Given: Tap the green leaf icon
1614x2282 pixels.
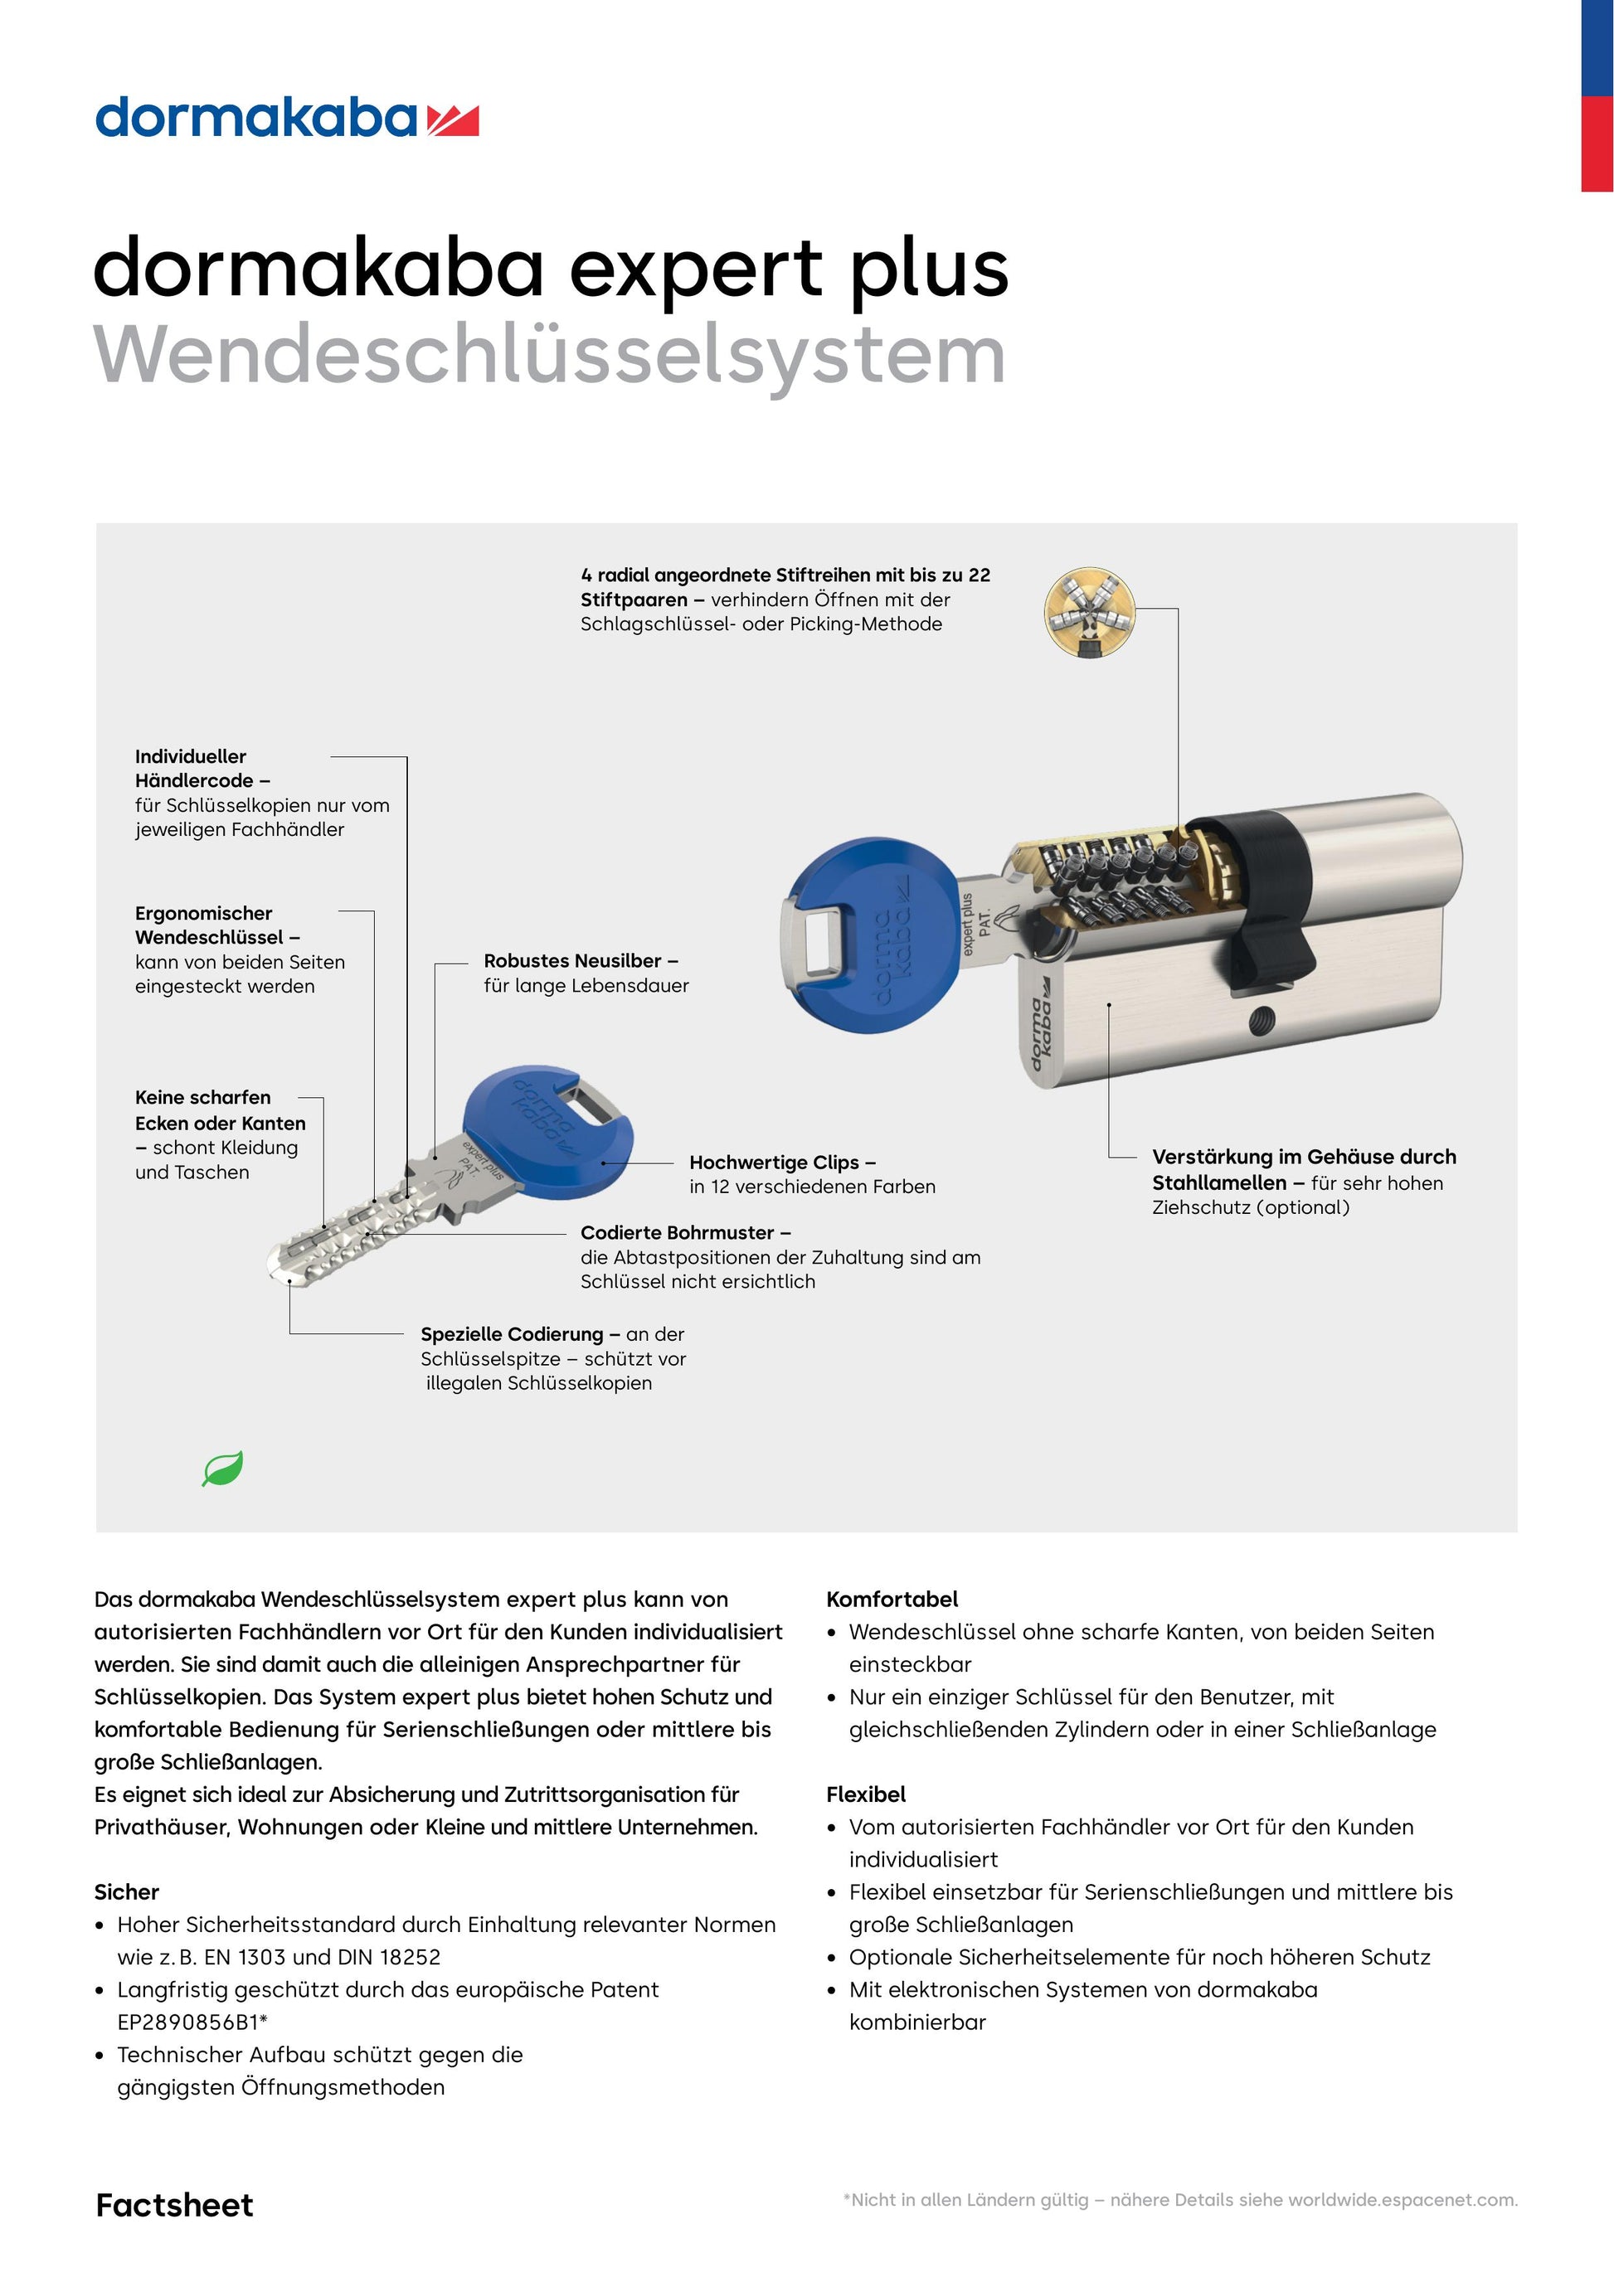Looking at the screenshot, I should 222,1468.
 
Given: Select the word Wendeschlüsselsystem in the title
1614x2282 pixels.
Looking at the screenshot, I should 548,355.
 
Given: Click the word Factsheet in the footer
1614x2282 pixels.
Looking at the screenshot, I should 174,2205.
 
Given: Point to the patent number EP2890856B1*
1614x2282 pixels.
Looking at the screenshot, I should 192,2022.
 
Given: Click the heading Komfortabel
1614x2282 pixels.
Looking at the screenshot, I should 892,1600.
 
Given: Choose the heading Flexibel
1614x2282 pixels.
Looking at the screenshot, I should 866,1794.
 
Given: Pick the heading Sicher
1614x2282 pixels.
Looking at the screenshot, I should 126,1891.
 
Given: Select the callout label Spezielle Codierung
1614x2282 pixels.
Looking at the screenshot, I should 512,1334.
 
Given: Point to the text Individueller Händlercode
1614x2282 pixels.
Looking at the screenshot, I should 202,769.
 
